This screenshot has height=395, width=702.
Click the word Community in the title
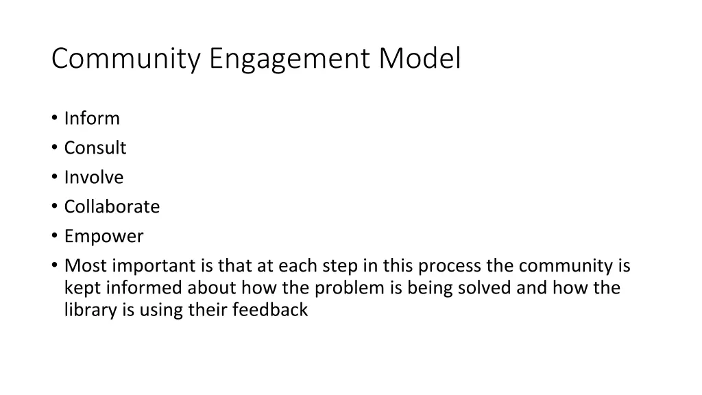point(125,59)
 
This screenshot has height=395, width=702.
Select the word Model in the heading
point(420,59)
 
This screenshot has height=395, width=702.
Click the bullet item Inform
point(92,119)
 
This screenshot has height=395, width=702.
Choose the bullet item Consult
point(95,148)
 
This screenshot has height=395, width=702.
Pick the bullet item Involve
point(94,178)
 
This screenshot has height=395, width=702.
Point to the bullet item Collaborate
point(112,207)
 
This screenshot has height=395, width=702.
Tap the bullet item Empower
point(104,237)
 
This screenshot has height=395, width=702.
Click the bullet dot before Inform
point(54,119)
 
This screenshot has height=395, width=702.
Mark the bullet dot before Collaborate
point(54,207)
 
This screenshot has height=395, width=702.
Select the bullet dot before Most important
point(54,266)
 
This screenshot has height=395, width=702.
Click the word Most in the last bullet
point(85,266)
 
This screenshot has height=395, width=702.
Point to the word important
point(154,266)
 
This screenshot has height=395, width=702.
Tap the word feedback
point(269,310)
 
